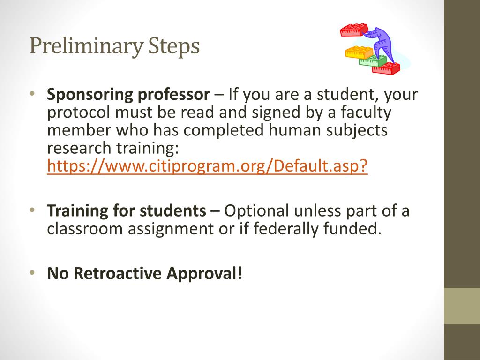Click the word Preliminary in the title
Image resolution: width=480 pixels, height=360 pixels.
86,46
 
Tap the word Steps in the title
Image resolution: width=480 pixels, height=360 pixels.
174,46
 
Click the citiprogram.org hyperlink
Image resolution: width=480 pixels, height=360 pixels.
207,166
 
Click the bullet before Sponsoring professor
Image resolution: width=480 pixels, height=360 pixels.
32,93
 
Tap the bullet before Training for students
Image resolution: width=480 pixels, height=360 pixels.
32,210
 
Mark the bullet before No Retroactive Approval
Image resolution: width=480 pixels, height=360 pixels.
32,272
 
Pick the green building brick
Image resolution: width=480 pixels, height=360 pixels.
373,60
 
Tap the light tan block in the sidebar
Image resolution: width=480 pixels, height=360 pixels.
462,306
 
